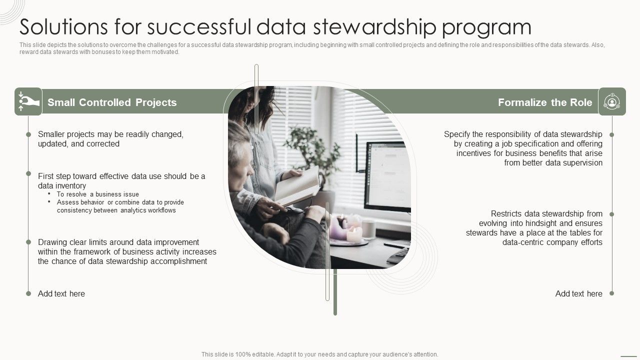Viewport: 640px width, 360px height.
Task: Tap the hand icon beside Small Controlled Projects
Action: click(x=28, y=101)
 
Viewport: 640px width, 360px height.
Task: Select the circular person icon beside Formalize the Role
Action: click(x=611, y=101)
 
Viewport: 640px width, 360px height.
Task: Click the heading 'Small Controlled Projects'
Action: click(x=112, y=102)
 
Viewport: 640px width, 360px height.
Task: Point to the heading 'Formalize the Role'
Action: click(x=545, y=102)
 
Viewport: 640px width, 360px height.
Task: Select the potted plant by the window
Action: click(x=312, y=150)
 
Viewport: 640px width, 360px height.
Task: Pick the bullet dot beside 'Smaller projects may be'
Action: click(x=28, y=134)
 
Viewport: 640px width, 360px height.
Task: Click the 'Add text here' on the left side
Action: click(x=61, y=293)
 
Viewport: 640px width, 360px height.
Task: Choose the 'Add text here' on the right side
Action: click(x=578, y=293)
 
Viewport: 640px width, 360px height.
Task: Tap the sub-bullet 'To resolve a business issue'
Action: click(x=98, y=194)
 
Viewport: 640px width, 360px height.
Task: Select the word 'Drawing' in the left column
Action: click(x=52, y=242)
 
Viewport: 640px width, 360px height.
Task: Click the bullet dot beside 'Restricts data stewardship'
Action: click(x=611, y=214)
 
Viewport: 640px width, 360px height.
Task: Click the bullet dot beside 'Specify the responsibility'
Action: click(x=611, y=134)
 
